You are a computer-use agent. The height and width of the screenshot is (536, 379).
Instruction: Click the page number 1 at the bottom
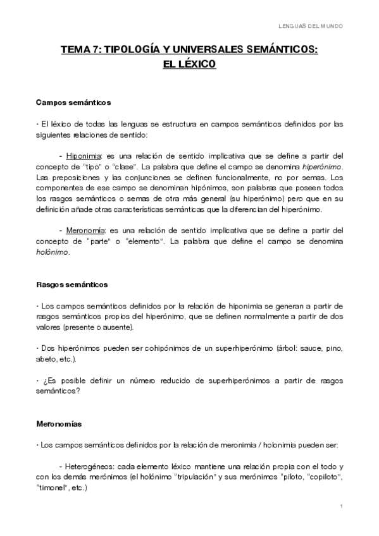pyautogui.click(x=341, y=506)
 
